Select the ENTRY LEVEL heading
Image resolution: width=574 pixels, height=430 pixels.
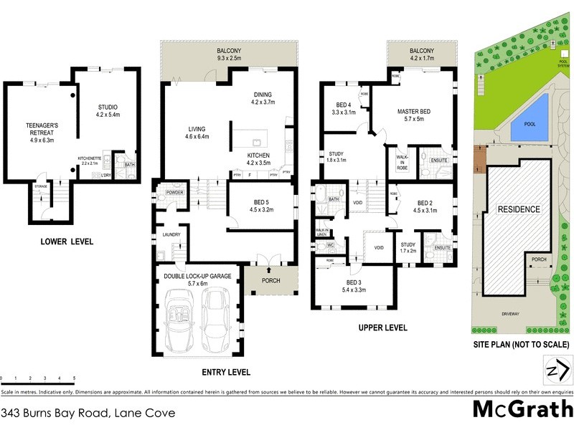(x=222, y=372)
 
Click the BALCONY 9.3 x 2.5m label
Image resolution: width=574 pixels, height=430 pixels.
(x=230, y=54)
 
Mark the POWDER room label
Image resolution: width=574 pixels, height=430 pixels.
(x=174, y=192)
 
